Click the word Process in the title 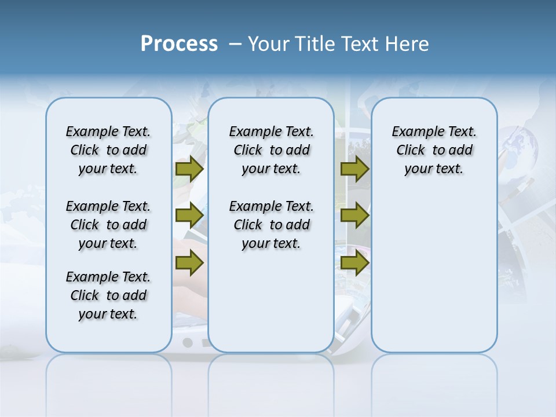[179, 44]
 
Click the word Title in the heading [315, 44]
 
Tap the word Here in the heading [408, 44]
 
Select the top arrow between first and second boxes [189, 169]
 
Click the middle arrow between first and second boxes [189, 215]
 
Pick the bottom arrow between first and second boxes [189, 264]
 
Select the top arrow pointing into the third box [354, 169]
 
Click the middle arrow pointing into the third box [354, 215]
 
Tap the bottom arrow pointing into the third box [354, 264]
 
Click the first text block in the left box [108, 150]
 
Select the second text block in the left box [108, 225]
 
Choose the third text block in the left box [108, 295]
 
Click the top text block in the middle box [271, 150]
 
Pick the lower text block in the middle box [271, 225]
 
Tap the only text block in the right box [434, 150]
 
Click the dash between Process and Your [235, 44]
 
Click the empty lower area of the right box [434, 278]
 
